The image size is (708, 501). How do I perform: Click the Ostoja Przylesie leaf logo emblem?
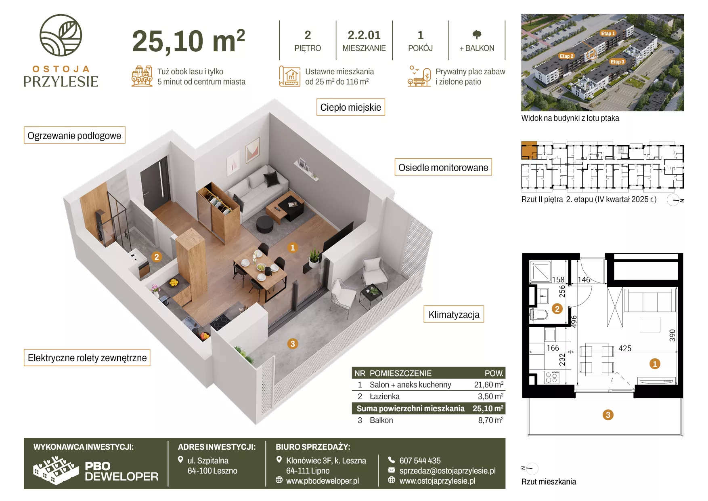click(61, 35)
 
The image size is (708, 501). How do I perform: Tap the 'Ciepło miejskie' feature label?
click(350, 107)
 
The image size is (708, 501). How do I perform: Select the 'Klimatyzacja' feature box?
click(454, 314)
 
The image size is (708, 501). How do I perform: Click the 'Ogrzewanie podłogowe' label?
click(74, 135)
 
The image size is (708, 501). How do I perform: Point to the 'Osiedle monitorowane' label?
click(443, 167)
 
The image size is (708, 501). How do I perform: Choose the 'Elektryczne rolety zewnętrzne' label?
click(87, 358)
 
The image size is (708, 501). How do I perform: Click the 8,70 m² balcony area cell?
click(490, 420)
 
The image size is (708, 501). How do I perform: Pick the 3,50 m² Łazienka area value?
click(490, 396)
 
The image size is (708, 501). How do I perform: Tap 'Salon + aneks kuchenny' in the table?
click(410, 385)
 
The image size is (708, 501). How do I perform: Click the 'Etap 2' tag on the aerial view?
click(566, 56)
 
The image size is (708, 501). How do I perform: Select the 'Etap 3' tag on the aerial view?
click(618, 62)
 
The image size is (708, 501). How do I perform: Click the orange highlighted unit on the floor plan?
click(529, 150)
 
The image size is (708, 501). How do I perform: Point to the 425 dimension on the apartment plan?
click(625, 348)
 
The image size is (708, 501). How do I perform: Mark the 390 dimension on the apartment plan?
click(672, 335)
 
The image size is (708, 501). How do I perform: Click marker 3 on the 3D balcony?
click(293, 344)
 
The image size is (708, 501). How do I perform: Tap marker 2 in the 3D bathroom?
click(157, 257)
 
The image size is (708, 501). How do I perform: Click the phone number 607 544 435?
click(420, 461)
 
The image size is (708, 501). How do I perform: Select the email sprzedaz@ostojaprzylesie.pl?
click(447, 471)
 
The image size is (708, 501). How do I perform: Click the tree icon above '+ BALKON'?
click(477, 35)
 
